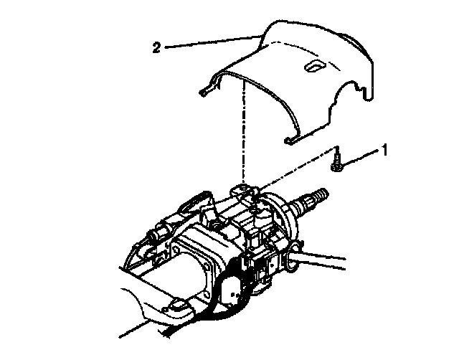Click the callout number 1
pyautogui.click(x=385, y=150)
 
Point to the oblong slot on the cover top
pyautogui.click(x=313, y=66)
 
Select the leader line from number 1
pyautogui.click(x=362, y=158)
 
